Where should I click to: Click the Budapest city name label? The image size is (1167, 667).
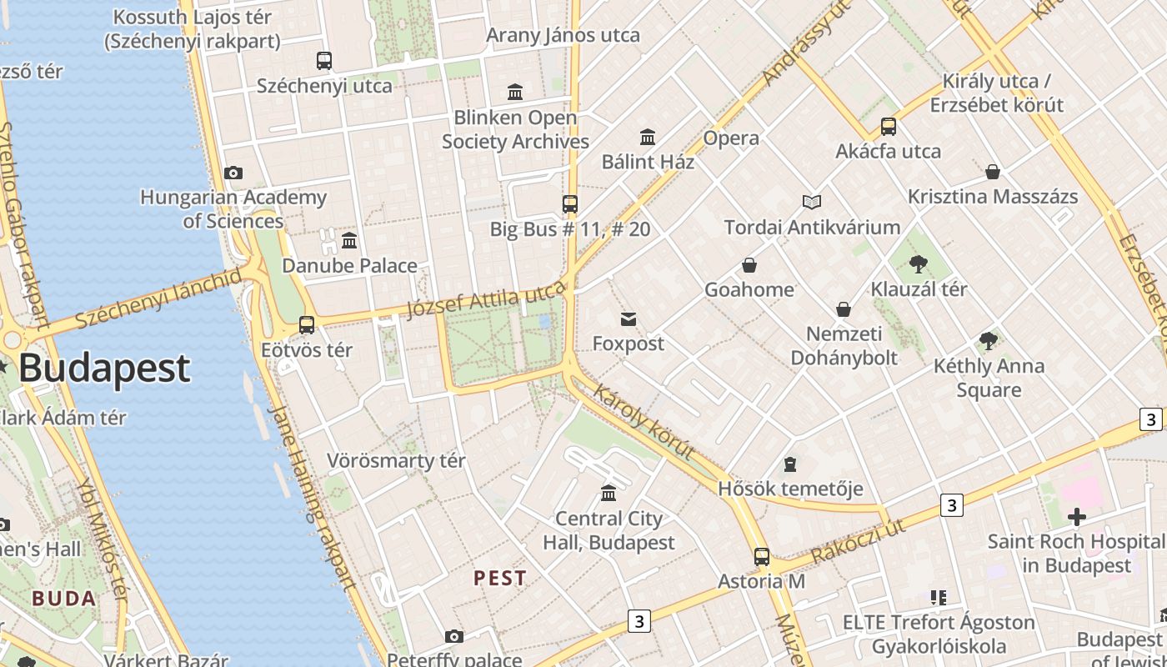coord(104,369)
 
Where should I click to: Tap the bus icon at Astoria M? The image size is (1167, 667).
coord(762,557)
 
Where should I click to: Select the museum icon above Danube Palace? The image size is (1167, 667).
coord(349,241)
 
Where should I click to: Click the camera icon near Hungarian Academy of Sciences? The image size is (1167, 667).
coord(233,173)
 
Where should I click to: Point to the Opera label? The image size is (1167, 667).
coord(731,138)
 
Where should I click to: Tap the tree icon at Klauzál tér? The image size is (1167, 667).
coord(919,264)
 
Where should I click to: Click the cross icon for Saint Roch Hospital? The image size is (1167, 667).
coord(1077,517)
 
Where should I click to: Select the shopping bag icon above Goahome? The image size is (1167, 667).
coord(749,265)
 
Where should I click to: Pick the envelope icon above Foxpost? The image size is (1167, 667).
coord(629,318)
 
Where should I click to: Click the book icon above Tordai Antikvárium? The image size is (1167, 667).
coord(812,202)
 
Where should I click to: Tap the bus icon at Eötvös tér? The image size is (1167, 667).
coord(307,325)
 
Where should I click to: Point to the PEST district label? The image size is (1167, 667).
coord(500,578)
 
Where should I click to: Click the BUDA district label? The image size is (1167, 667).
coord(64,598)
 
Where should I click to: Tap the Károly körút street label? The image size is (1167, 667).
coord(644,422)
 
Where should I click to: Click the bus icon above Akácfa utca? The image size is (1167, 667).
coord(889,127)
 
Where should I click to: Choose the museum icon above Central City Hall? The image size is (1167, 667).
coord(609,494)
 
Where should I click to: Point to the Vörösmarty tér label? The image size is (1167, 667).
coord(396,460)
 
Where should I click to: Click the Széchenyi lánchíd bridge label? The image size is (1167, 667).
coord(158,298)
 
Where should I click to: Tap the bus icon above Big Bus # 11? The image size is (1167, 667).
coord(570,204)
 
